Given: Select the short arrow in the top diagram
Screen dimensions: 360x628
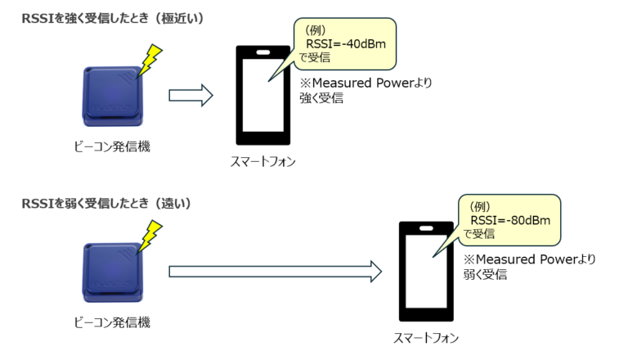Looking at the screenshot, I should [190, 96].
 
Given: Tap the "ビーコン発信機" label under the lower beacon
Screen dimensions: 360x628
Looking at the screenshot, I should [112, 323].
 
